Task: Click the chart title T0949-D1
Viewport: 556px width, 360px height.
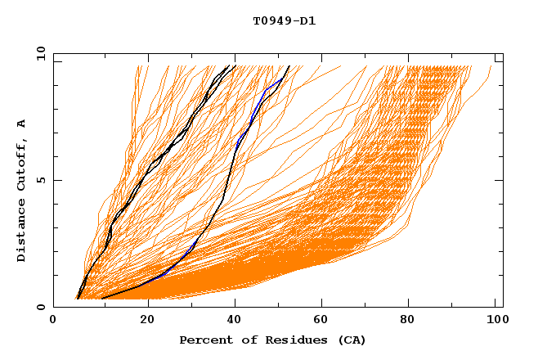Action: click(284, 21)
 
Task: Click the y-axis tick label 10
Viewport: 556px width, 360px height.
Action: click(39, 53)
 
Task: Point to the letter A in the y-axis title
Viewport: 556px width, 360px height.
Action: click(21, 123)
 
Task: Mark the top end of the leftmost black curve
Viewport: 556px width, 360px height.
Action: click(228, 65)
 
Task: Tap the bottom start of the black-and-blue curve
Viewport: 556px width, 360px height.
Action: click(101, 299)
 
